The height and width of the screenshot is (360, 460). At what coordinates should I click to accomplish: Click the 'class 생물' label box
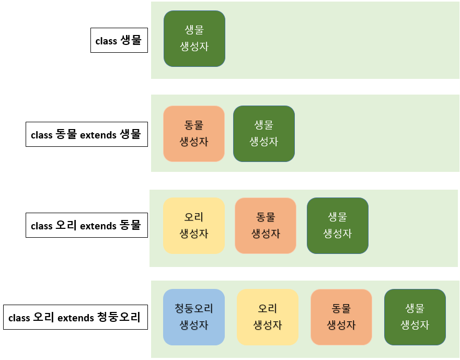coord(119,40)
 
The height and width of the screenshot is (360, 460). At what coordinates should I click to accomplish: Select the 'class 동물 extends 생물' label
coord(86,134)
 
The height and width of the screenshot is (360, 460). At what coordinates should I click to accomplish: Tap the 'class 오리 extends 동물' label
coord(86,225)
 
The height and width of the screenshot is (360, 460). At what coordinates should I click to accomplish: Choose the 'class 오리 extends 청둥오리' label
coord(75,317)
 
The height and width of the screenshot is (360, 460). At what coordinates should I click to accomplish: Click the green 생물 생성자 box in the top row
coord(194,39)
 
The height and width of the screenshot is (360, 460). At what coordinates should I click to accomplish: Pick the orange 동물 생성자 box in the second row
coord(193,134)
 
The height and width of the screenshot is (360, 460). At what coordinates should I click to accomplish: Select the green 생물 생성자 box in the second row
coord(263,134)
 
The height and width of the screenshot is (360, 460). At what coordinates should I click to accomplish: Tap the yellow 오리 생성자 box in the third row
coord(193,226)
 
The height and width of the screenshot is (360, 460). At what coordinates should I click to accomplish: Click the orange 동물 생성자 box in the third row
coord(266,226)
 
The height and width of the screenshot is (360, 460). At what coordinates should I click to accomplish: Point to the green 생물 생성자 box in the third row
coord(337,226)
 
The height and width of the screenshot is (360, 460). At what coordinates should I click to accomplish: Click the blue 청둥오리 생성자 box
coord(193,317)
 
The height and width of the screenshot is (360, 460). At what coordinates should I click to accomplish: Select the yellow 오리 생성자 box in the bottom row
coord(267,317)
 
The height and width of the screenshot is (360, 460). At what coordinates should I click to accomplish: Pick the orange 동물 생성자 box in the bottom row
coord(341,317)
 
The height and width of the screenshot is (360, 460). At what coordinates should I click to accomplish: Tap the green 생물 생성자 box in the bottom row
coord(415,317)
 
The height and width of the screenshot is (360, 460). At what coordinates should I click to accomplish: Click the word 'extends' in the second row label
coord(99,135)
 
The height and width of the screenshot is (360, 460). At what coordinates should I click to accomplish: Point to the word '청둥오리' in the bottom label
coord(119,317)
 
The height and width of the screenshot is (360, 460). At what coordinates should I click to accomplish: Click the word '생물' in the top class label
coord(131,40)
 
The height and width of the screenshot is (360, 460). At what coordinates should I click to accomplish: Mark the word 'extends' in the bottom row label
coord(75,318)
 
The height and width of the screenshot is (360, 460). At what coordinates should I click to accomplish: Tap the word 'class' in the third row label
coord(42,226)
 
